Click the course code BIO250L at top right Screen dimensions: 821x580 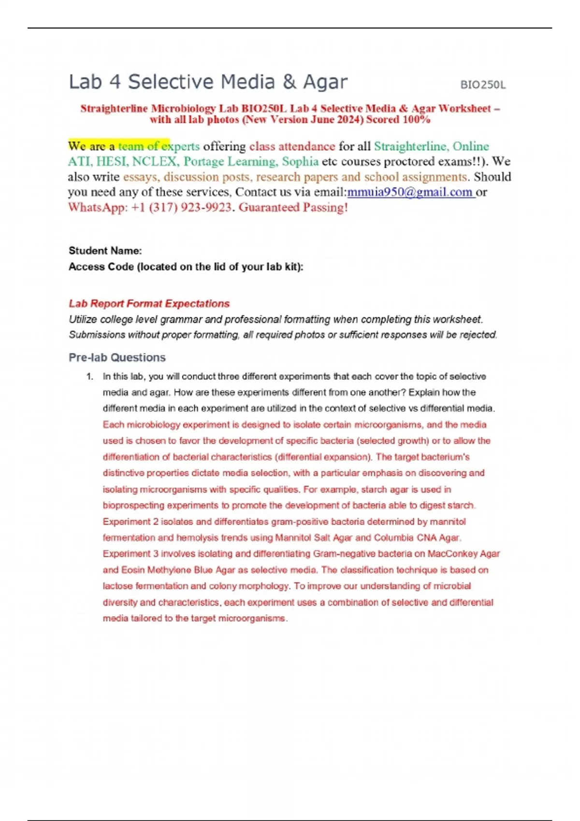(x=483, y=85)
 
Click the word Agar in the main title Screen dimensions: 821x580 (x=325, y=82)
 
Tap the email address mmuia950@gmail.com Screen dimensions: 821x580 (x=410, y=192)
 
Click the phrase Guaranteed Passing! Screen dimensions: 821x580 (x=293, y=208)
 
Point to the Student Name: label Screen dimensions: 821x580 (x=105, y=251)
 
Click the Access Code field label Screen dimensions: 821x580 (x=186, y=267)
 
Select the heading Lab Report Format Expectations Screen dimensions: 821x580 (x=149, y=304)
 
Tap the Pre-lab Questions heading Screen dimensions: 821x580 (x=117, y=357)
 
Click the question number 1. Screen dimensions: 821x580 (x=89, y=377)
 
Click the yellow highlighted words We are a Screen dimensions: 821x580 (x=91, y=146)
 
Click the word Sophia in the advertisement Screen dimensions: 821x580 (x=300, y=161)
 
